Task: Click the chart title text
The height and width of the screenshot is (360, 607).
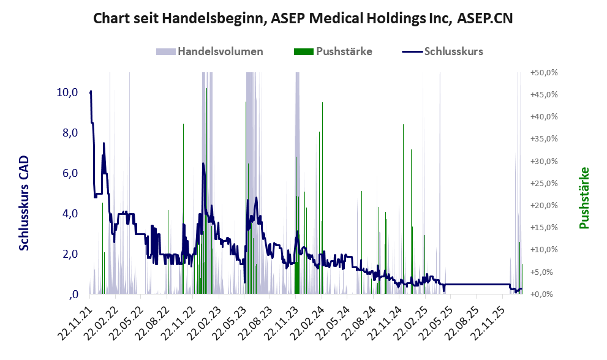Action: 303,18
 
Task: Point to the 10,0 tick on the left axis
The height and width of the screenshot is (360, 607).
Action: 67,92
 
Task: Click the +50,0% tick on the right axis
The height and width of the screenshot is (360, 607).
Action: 544,72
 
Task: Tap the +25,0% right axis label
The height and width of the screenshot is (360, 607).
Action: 544,183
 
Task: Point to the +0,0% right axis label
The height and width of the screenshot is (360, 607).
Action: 544,294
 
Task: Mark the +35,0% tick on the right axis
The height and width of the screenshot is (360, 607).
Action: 544,139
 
